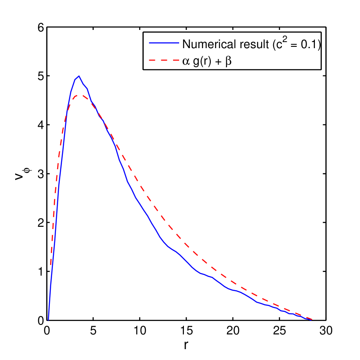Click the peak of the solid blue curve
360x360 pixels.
79,76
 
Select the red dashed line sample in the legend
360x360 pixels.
164,62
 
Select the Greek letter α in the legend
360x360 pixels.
186,62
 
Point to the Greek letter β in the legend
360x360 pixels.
229,62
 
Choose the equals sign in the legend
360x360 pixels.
295,44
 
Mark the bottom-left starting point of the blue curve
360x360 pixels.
48,320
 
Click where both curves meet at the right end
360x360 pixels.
311,320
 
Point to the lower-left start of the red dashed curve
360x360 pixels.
51,265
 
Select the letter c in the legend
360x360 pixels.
281,45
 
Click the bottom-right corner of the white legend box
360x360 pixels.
321,69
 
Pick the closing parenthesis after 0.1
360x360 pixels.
318,44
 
